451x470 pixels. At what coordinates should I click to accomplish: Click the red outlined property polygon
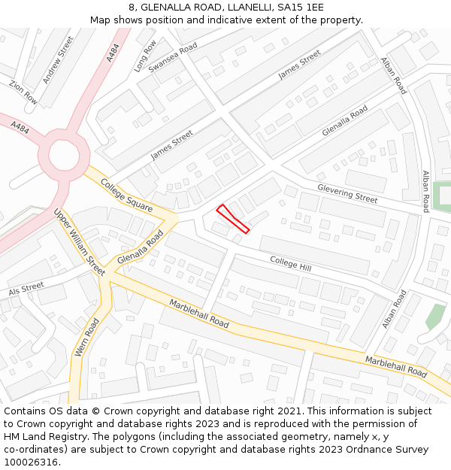[x=232, y=218]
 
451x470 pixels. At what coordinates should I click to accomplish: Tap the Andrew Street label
[x=58, y=59]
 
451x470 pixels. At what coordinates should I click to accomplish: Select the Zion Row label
[x=23, y=92]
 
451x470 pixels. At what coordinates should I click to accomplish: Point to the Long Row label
[x=145, y=56]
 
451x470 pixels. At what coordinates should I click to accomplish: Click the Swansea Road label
[x=172, y=57]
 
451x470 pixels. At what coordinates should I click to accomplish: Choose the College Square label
[x=126, y=196]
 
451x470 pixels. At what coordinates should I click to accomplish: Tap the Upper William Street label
[x=79, y=242]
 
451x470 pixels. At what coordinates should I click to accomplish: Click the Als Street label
[x=26, y=289]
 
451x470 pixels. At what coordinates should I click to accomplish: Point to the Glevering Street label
[x=347, y=193]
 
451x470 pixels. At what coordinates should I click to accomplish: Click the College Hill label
[x=291, y=264]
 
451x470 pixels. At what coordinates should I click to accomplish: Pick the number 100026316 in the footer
[x=31, y=462]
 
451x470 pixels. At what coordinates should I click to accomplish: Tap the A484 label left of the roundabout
[x=20, y=129]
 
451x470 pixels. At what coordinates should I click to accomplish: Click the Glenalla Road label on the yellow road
[x=140, y=249]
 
